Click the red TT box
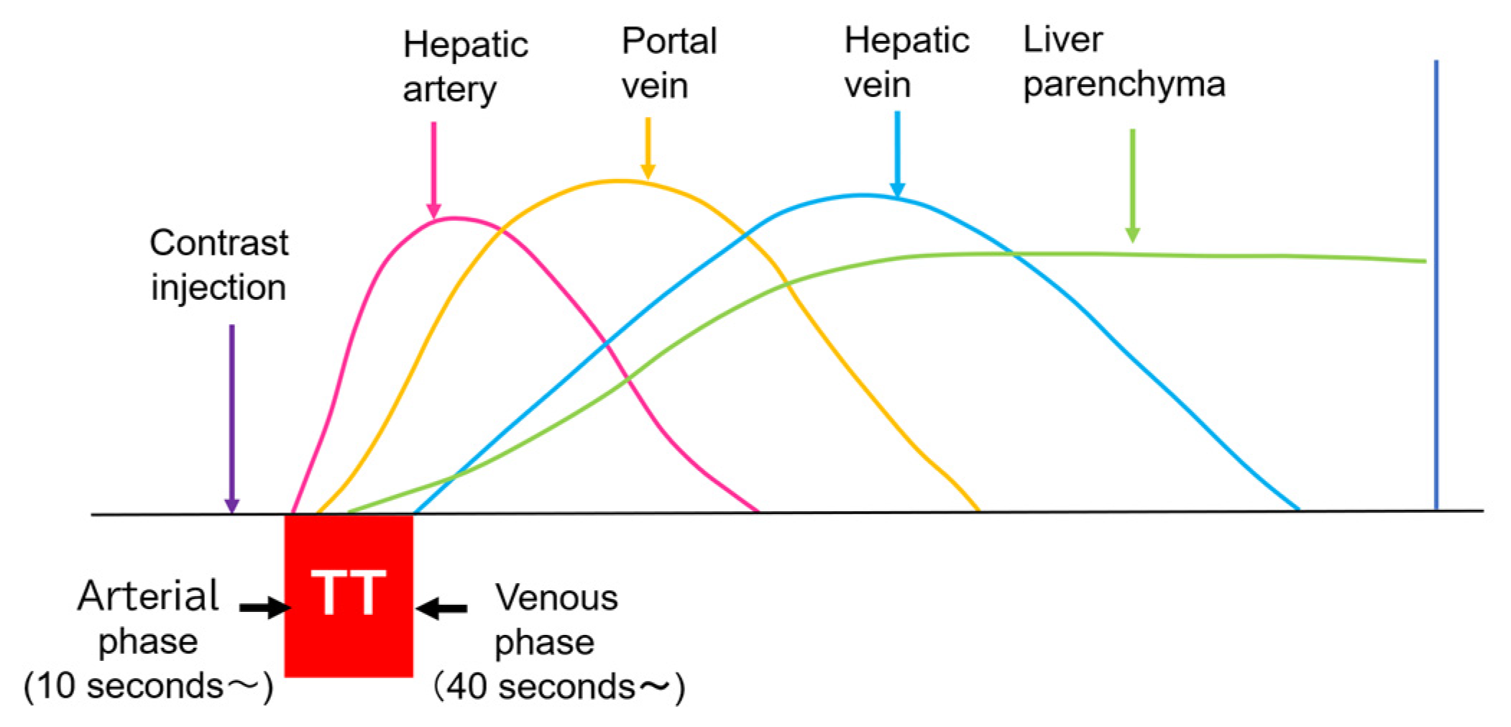(x=349, y=595)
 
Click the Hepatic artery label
(x=464, y=67)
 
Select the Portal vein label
(x=669, y=63)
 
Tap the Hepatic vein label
(x=906, y=63)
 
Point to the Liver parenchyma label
(x=1124, y=63)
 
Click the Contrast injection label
(x=219, y=265)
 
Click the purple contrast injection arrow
(x=231, y=417)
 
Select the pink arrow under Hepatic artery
(x=433, y=170)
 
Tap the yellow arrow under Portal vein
(x=648, y=147)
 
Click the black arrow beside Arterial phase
(x=264, y=608)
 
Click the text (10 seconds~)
(x=148, y=686)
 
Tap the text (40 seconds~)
(x=559, y=687)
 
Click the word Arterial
(x=148, y=596)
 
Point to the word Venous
(x=556, y=598)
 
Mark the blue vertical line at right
(x=1436, y=288)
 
